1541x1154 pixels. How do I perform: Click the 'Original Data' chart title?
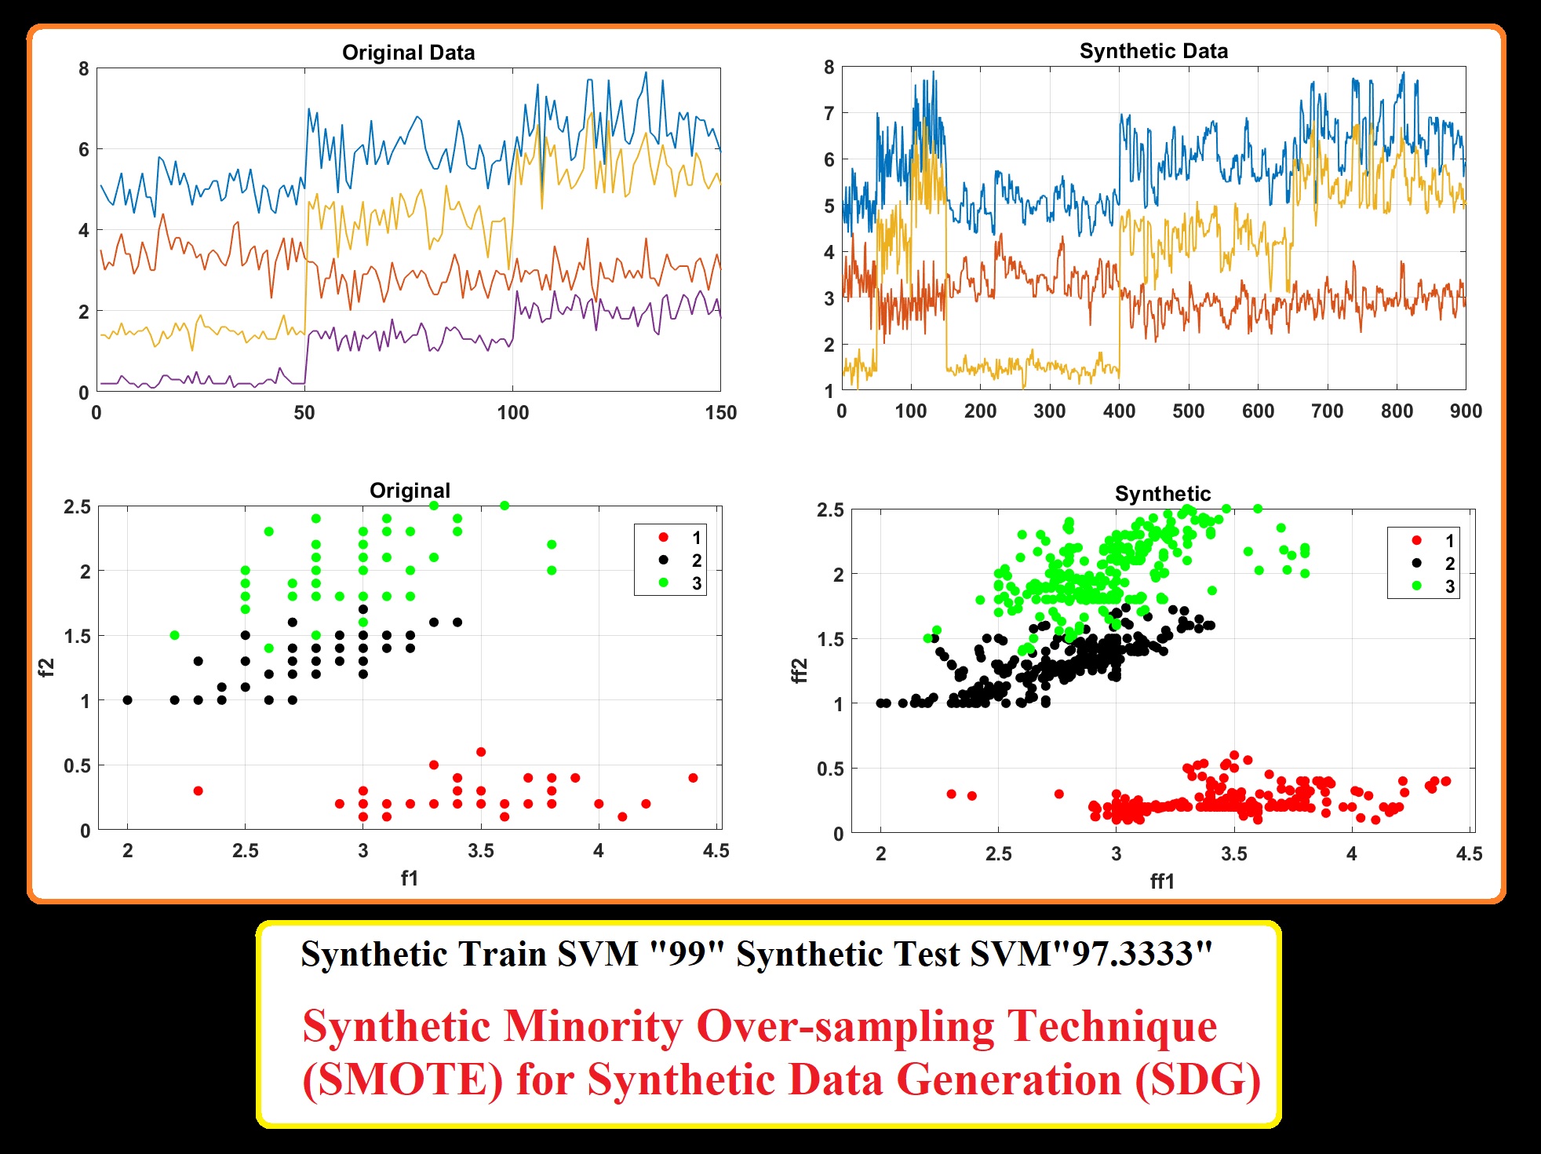tap(408, 53)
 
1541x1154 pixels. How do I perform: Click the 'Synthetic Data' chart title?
tap(1153, 51)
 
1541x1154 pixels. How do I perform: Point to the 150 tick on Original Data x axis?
tap(720, 413)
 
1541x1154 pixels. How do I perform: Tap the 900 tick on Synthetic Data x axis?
tap(1465, 411)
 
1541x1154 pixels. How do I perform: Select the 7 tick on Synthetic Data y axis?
tap(829, 113)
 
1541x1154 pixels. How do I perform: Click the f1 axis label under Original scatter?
tap(409, 878)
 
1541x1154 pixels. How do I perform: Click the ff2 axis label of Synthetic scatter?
tap(799, 670)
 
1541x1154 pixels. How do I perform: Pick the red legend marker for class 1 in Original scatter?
tap(664, 537)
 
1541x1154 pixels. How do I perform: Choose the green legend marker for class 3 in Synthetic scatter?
tap(1416, 586)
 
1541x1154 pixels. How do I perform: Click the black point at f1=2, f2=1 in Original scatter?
tap(128, 699)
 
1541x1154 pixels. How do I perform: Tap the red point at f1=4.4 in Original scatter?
tap(693, 778)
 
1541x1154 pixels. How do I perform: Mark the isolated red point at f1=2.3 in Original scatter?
tap(199, 791)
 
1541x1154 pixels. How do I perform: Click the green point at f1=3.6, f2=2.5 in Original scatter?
tap(505, 506)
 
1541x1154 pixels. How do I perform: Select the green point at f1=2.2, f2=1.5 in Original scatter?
tap(175, 635)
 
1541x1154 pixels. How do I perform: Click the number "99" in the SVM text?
tap(687, 955)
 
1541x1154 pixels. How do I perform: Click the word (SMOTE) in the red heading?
tap(403, 1079)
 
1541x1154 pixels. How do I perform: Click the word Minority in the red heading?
tap(593, 1026)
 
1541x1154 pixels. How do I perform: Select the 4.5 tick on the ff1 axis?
tap(1469, 854)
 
